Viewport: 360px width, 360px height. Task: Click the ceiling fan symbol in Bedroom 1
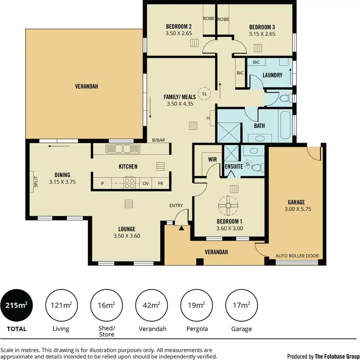[229, 205]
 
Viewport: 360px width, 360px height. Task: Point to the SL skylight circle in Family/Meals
[205, 94]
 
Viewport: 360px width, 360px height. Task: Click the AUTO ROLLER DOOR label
[297, 256]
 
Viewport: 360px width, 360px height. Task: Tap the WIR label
[213, 158]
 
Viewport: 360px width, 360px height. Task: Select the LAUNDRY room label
[272, 75]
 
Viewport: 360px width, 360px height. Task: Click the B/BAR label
[159, 140]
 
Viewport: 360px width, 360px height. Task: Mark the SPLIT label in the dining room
[36, 182]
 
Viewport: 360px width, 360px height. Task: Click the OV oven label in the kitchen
[145, 183]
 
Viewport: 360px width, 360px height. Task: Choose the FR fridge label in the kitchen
[160, 183]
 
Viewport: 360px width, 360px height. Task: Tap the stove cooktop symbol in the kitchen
[130, 183]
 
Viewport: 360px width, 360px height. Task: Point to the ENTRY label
[176, 206]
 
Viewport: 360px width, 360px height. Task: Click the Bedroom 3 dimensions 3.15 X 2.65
[262, 34]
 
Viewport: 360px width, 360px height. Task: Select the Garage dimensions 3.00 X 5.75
[297, 209]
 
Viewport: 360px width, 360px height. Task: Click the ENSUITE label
[233, 167]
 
